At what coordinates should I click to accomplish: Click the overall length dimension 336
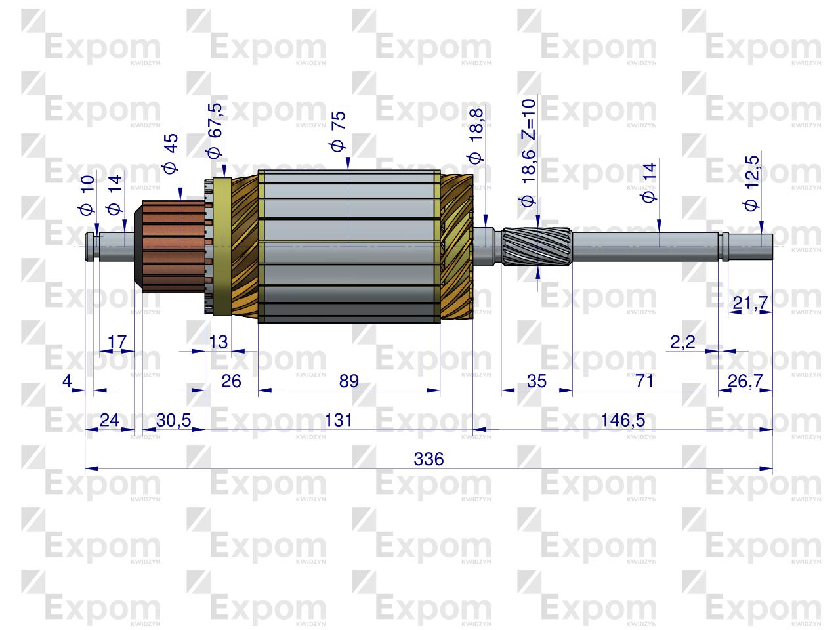tap(429, 459)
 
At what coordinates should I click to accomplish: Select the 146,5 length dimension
tap(623, 420)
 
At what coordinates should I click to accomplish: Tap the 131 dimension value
tap(337, 420)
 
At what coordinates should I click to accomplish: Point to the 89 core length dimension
tap(348, 381)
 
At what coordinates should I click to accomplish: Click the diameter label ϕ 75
tap(337, 131)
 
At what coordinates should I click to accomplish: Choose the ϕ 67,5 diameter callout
tap(214, 131)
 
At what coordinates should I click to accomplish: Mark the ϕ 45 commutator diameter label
tap(170, 154)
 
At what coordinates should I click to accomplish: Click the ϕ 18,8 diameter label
tap(476, 136)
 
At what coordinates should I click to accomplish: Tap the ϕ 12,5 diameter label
tap(751, 183)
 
